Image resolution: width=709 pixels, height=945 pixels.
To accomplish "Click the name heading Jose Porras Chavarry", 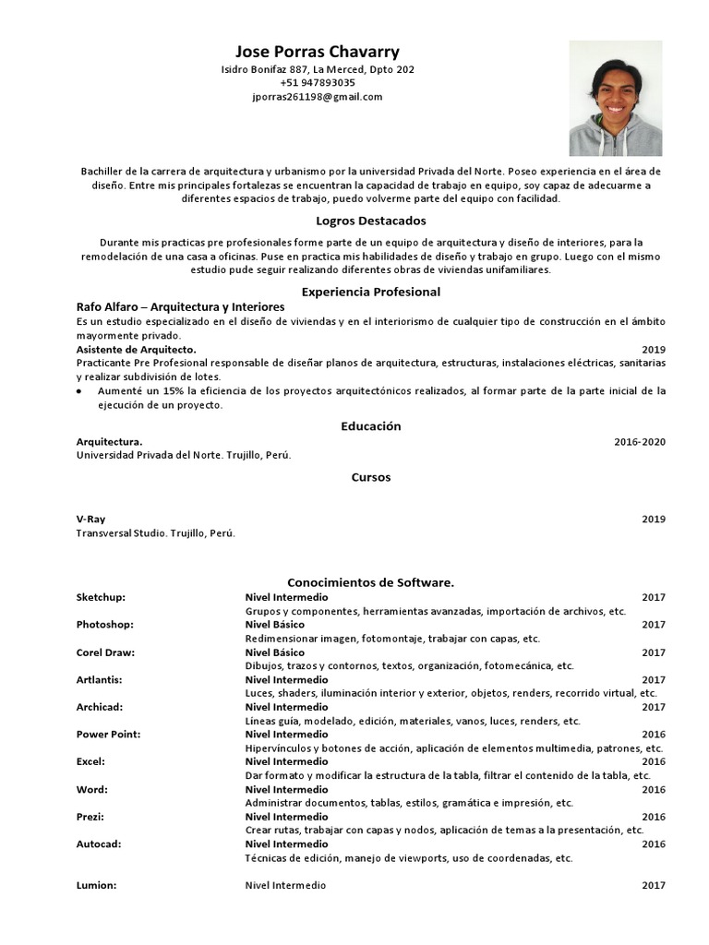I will [318, 52].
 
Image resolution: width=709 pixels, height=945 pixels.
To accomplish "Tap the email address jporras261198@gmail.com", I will [317, 96].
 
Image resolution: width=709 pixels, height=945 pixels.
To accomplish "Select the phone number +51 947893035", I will [317, 82].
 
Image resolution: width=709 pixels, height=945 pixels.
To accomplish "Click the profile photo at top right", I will [615, 98].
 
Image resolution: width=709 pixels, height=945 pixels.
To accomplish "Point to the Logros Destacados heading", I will [370, 221].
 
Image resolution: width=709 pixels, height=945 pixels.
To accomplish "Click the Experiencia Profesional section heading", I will [370, 292].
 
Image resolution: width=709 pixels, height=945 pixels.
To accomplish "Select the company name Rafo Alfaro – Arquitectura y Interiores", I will [181, 306].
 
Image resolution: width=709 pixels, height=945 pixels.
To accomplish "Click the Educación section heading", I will [370, 426].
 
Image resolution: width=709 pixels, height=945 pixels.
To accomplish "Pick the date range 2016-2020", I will [639, 442].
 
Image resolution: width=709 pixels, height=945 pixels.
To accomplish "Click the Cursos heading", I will [370, 477].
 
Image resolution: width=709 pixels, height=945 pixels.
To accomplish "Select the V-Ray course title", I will [90, 519].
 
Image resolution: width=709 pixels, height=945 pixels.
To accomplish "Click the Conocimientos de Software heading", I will [370, 582].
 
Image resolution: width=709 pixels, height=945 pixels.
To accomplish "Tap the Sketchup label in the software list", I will [101, 597].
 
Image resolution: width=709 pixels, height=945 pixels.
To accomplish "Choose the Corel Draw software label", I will [105, 652].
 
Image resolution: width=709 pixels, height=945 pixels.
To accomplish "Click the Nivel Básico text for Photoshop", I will [275, 625].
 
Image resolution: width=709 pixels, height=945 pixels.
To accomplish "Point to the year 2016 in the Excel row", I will [653, 761].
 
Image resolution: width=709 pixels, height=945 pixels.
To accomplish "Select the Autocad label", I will [99, 843].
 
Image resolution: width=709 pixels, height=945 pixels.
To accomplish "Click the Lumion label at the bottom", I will [96, 885].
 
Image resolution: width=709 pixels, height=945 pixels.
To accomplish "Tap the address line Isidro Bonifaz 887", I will [318, 69].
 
